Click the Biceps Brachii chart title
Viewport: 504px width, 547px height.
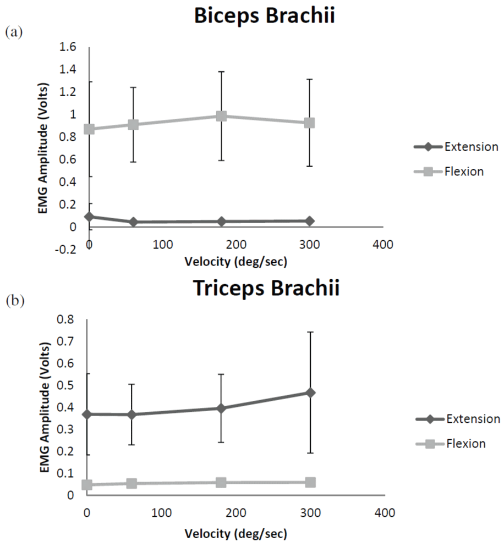265,16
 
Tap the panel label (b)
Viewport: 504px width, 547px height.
14,301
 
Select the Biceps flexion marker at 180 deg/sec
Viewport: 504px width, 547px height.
221,116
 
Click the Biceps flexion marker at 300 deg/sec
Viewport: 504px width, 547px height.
310,123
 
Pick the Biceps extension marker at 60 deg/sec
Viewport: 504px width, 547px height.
133,222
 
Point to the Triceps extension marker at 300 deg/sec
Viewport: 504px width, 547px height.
310,393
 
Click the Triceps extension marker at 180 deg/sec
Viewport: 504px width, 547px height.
221,408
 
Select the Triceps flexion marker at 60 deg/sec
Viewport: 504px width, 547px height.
132,483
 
